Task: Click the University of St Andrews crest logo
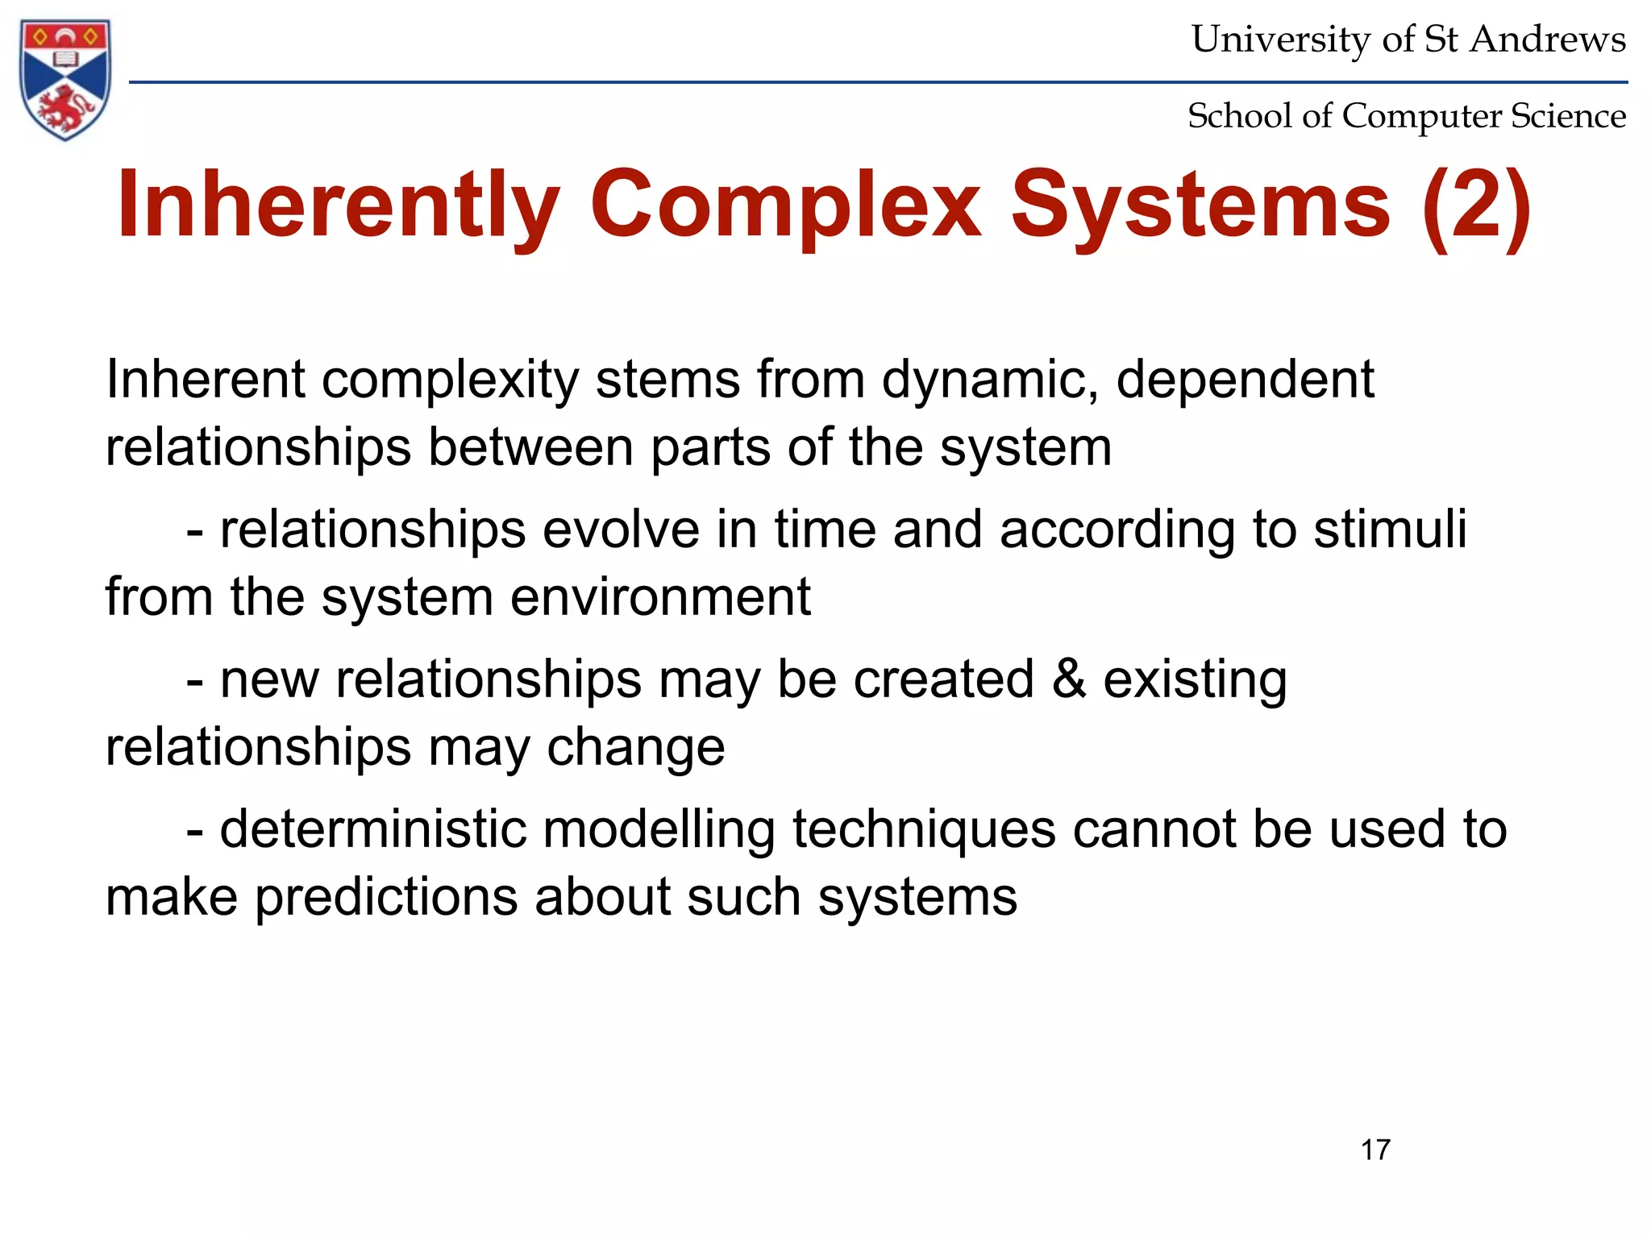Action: (64, 79)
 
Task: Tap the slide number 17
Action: (1375, 1149)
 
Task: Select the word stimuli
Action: (1390, 530)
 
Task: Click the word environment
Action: (660, 597)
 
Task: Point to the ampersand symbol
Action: (1069, 679)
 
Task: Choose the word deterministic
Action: (372, 829)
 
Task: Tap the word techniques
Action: (924, 829)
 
